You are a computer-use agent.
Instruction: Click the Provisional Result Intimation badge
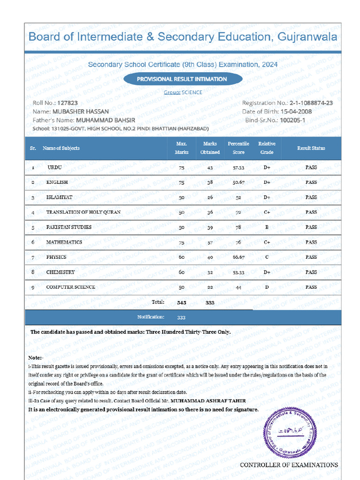coord(182,79)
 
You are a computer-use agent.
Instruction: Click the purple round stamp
coord(290,434)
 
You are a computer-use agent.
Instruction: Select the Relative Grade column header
coord(267,148)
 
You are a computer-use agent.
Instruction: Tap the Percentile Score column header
coord(238,148)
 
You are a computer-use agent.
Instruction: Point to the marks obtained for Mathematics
coord(210,242)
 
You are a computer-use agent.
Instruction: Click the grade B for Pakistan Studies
coord(267,227)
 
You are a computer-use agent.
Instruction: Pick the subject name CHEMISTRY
coord(60,272)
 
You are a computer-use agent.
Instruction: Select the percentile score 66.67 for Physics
coord(238,257)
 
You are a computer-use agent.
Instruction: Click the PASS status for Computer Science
coord(311,287)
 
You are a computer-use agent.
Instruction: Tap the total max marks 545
coord(182,303)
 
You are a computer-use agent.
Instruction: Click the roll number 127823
coord(67,103)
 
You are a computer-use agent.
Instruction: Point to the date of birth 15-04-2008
coord(296,112)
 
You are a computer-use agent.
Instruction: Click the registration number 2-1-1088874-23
coord(311,103)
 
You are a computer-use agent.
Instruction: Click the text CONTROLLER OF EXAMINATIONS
coord(289,465)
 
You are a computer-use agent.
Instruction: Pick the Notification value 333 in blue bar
coord(181,317)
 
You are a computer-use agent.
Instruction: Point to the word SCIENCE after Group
coord(192,92)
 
